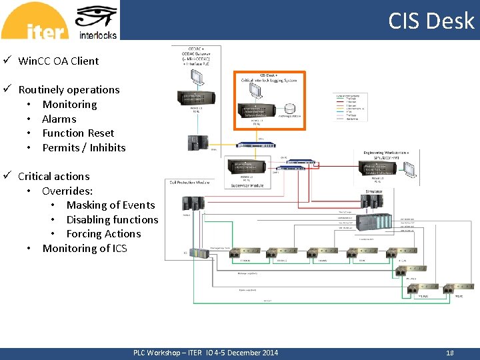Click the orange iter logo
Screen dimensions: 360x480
click(x=35, y=21)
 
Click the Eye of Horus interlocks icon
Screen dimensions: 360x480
click(x=97, y=17)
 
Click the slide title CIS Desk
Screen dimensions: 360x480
click(x=431, y=21)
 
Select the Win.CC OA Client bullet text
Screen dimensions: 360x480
click(x=58, y=61)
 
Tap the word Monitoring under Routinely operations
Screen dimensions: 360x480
click(x=69, y=104)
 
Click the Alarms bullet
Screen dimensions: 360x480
click(x=59, y=119)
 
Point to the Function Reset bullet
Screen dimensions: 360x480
click(x=78, y=133)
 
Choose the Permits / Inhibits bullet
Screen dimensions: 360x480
click(x=83, y=147)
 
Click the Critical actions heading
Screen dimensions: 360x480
click(x=53, y=176)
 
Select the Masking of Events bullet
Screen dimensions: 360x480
click(x=110, y=205)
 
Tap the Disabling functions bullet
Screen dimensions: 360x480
click(x=112, y=219)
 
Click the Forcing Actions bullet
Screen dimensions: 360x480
click(x=103, y=233)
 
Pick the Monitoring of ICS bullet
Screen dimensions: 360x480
click(x=84, y=248)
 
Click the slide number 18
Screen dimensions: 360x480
click(x=449, y=353)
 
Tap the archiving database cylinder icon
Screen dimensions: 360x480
click(x=289, y=108)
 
